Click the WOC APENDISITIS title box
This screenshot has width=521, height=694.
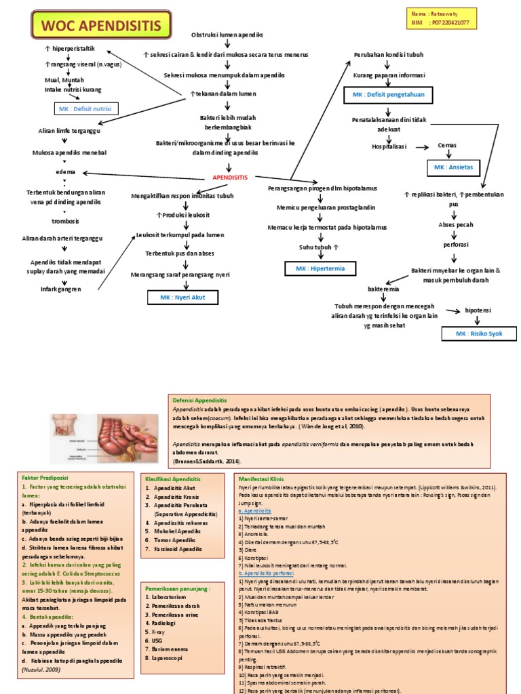99,26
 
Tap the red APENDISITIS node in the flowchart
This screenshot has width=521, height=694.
230,177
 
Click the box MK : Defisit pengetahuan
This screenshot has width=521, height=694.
384,94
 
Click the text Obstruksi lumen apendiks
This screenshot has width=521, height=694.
227,35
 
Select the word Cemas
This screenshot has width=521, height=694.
447,146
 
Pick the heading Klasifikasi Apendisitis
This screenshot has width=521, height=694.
174,478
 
